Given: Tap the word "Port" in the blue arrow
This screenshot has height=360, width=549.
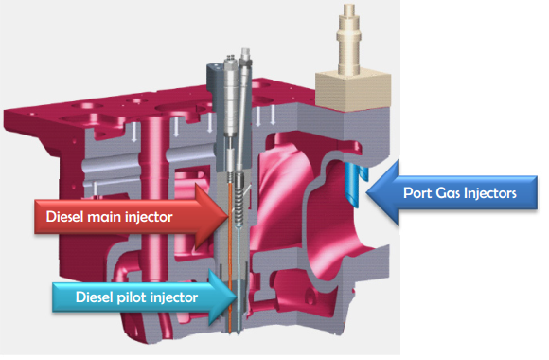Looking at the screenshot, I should [419, 194].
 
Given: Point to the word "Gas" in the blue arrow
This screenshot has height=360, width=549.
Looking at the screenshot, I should [450, 194].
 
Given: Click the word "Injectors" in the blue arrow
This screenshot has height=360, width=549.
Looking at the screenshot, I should [490, 194].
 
